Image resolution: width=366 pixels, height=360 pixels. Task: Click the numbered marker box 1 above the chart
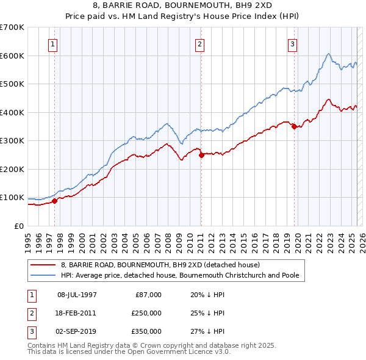pos(53,44)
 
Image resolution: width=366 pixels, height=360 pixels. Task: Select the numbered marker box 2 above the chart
pos(199,44)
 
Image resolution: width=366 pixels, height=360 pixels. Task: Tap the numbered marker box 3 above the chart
pos(292,44)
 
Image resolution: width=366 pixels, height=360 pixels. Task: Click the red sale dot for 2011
pos(201,154)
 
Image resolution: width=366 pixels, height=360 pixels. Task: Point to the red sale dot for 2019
pos(294,127)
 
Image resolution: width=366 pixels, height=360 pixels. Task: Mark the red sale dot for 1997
pos(55,201)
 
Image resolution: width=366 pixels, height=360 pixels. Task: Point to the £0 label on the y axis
pos(18,226)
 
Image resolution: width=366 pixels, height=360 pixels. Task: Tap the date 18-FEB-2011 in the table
pos(77,313)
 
